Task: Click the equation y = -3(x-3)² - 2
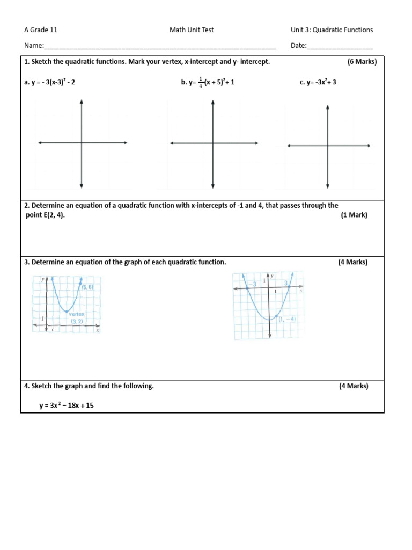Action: pos(54,82)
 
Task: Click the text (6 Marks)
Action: pos(362,62)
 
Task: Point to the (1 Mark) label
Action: pos(354,215)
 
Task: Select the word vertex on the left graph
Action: pos(77,314)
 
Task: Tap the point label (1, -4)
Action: pos(287,319)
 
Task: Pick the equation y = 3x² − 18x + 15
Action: pos(66,406)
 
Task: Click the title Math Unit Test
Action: pos(192,30)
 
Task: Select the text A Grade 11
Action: pos(41,30)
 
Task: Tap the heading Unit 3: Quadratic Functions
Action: pos(332,30)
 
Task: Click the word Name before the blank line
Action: pos(33,46)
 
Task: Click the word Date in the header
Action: pos(298,46)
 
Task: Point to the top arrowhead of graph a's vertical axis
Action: pos(81,101)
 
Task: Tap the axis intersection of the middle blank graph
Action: pos(213,143)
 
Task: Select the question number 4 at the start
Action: pos(26,386)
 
